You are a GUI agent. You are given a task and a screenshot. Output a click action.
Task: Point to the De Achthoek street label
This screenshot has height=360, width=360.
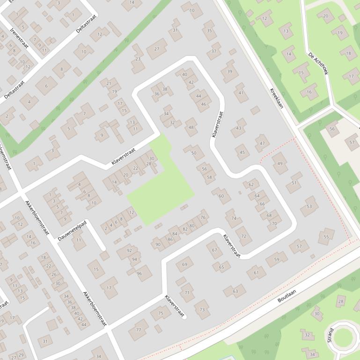click(318, 64)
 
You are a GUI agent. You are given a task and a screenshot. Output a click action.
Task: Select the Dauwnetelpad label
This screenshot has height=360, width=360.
click(72, 230)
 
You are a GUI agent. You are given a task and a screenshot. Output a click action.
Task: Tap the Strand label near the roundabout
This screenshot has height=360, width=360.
click(331, 335)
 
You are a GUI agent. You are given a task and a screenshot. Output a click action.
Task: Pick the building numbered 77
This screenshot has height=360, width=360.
click(139, 330)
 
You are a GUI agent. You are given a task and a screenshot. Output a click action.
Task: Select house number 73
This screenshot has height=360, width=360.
click(202, 310)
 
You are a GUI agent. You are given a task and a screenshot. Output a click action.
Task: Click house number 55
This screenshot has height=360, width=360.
click(326, 237)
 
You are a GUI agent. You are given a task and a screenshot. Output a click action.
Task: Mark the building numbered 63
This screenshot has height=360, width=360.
click(235, 291)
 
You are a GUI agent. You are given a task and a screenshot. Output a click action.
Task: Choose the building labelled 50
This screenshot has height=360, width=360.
click(194, 152)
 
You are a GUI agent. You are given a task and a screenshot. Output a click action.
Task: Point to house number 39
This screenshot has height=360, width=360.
click(229, 72)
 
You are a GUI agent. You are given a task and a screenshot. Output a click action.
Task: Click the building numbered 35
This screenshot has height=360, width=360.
click(209, 31)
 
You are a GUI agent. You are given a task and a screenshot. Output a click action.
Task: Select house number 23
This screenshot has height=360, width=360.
click(138, 59)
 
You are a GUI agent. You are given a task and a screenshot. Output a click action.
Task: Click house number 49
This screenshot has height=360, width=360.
click(280, 164)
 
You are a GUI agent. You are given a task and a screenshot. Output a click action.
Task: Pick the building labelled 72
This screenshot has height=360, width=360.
click(243, 236)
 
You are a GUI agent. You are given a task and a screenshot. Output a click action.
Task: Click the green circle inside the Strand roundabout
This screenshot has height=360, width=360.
click(343, 337)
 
